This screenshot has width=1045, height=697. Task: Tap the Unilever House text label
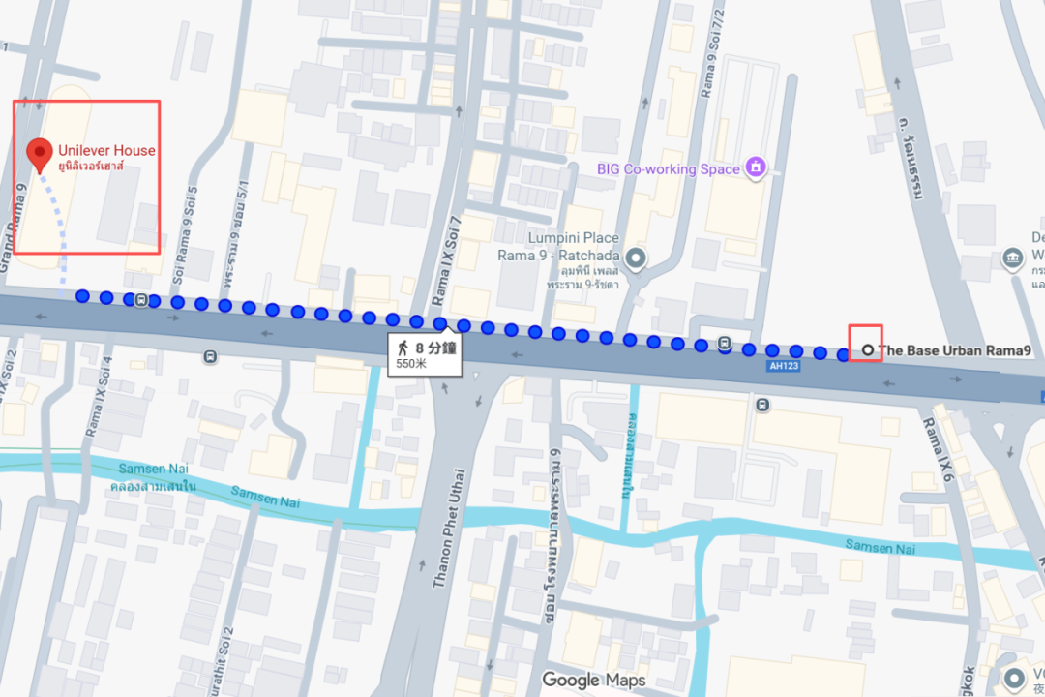[x=106, y=150]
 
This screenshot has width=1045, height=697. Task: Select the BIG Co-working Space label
[x=668, y=169]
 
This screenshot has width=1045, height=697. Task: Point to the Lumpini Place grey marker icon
[x=636, y=258]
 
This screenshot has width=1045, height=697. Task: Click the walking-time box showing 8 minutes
[x=424, y=353]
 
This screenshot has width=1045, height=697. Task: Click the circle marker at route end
[x=867, y=350]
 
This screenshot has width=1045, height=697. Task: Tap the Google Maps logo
[x=593, y=680]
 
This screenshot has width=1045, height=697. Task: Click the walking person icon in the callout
[x=402, y=347]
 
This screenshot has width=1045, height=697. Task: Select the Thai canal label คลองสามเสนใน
[x=153, y=485]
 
